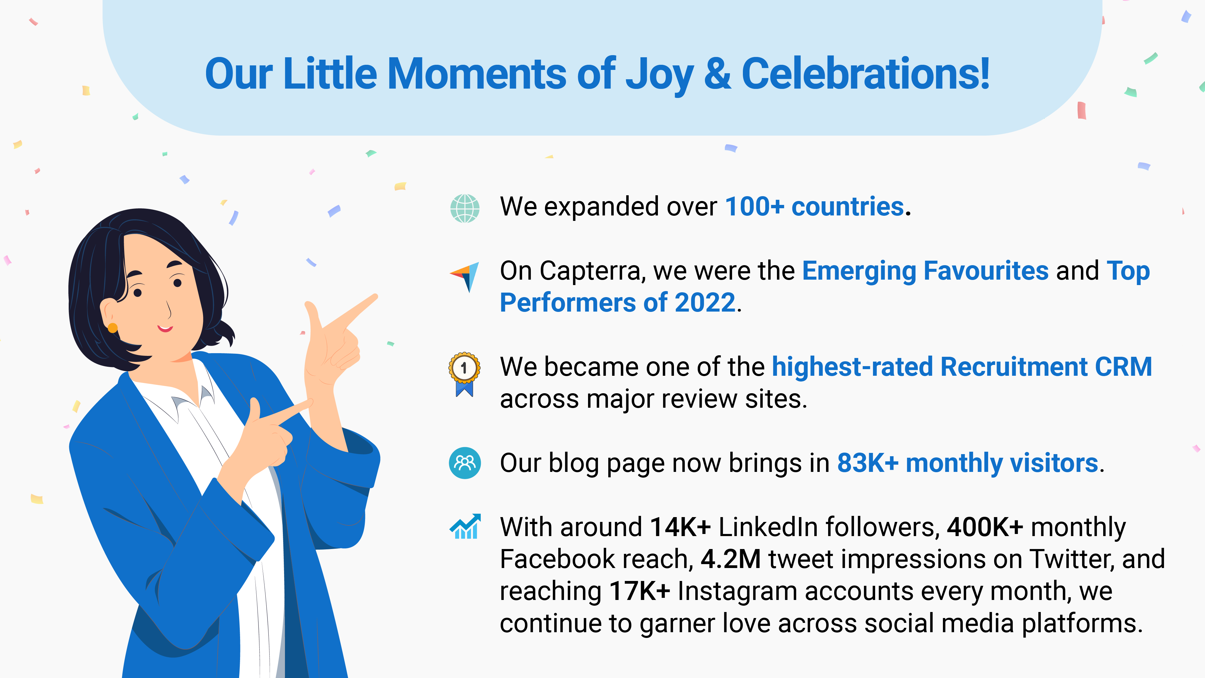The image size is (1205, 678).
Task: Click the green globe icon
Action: (x=465, y=208)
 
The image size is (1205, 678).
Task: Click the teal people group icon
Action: (x=465, y=463)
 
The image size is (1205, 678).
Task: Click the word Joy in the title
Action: (x=659, y=75)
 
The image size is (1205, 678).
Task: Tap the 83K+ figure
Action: (x=868, y=463)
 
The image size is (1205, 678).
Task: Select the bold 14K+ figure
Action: (x=680, y=527)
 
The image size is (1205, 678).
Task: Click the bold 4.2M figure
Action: (x=731, y=559)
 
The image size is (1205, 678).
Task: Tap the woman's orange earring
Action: (x=113, y=328)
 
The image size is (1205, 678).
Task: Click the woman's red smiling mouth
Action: (x=165, y=328)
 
